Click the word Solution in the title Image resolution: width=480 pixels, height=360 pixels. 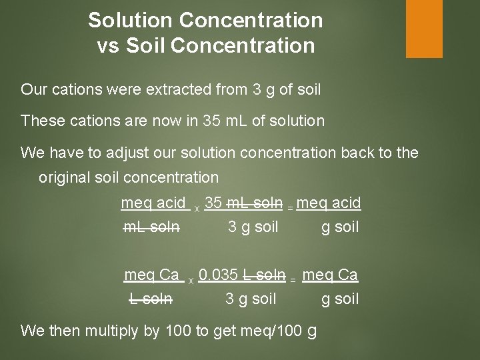[x=130, y=20]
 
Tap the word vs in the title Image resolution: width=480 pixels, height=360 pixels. [x=109, y=46]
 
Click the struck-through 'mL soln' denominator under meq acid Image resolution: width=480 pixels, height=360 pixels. [x=151, y=227]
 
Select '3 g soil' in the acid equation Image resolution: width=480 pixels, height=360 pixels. [x=253, y=227]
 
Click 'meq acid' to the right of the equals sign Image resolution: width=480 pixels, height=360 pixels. [x=329, y=202]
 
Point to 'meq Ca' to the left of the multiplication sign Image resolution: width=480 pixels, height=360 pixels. [x=153, y=274]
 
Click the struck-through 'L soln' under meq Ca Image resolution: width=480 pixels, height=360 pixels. [x=151, y=299]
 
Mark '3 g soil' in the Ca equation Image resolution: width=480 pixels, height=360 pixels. [x=251, y=299]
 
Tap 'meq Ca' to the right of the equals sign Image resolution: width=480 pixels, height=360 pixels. [x=330, y=274]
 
